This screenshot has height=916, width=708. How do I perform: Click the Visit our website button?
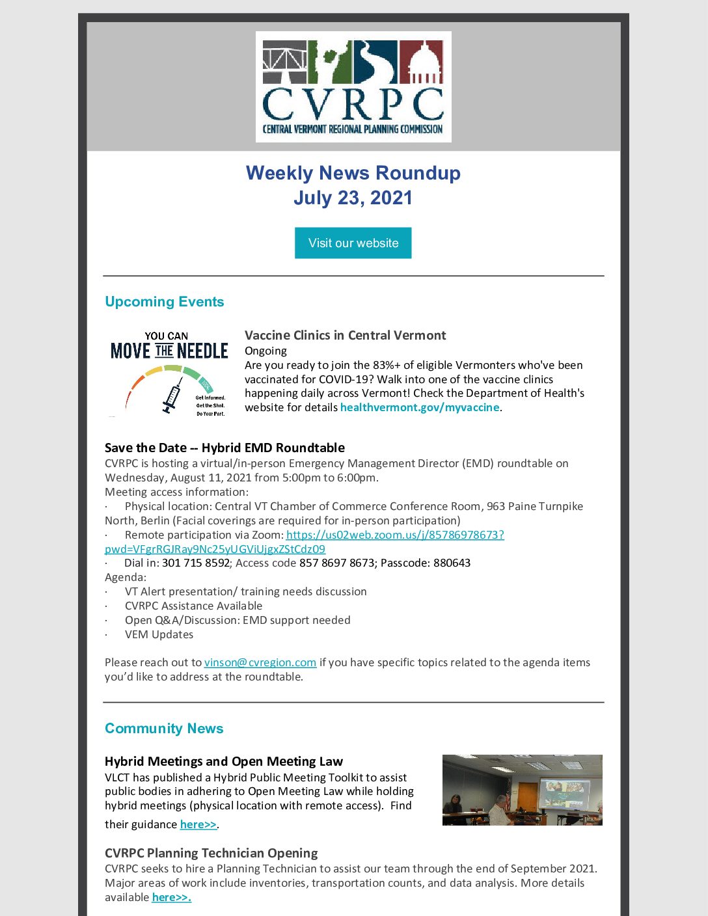pos(353,243)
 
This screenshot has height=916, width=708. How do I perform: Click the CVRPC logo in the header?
pos(353,87)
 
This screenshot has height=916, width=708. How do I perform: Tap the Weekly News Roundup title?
pos(353,173)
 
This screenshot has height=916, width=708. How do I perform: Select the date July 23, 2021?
pos(353,198)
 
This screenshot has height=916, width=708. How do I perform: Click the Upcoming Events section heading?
pos(164,302)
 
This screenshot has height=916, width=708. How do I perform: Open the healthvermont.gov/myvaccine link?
pos(420,407)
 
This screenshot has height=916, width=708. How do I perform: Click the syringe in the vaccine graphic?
pos(172,396)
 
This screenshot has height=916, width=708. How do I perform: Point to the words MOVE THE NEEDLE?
pos(169,351)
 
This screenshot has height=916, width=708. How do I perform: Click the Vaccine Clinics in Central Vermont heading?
pos(345,335)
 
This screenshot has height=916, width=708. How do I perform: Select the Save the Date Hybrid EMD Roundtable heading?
pos(225,448)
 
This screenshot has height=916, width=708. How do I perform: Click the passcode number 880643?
pos(452,563)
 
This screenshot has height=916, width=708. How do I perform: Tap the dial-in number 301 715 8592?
pos(196,563)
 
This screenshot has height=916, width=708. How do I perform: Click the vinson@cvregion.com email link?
pos(260,662)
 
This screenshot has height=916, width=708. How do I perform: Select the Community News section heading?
pos(164,729)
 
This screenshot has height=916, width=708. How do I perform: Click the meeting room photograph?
pos(522,790)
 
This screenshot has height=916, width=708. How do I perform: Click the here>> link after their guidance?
pos(198,824)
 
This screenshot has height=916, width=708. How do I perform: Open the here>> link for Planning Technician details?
pos(171,897)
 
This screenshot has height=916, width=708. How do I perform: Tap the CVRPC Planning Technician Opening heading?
pos(211,853)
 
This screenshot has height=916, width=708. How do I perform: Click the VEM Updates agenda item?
pos(159,634)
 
